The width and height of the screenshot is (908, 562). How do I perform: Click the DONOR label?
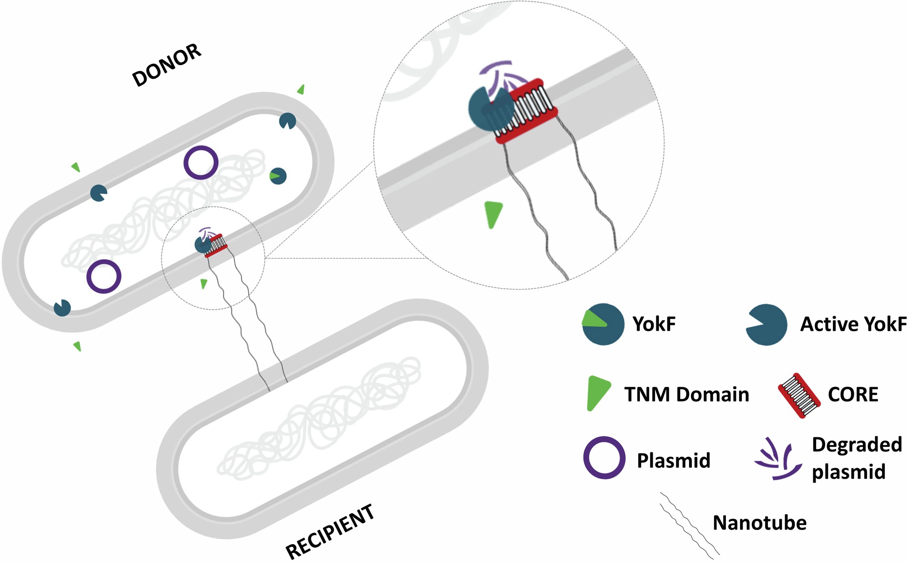(167, 65)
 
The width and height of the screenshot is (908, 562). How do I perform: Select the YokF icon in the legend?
(603, 324)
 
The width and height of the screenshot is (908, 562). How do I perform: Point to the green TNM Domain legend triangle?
(597, 392)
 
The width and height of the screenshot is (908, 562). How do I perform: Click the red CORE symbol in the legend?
(799, 395)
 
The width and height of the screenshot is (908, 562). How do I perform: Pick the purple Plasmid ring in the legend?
(604, 457)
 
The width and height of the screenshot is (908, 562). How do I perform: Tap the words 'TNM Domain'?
(686, 395)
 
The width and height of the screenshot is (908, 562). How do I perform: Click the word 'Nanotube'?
(759, 523)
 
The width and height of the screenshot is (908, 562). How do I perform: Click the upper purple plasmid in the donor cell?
(201, 162)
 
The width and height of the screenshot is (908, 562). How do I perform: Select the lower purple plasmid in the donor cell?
(104, 276)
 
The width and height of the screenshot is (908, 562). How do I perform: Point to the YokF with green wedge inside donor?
(278, 176)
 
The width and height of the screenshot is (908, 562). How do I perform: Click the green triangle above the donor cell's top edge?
(301, 90)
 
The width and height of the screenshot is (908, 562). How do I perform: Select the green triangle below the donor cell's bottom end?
(78, 346)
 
